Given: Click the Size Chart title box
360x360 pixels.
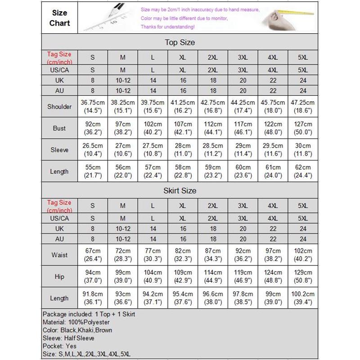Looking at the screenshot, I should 60,18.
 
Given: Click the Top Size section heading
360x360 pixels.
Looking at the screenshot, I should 180,43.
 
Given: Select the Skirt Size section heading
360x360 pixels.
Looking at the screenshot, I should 180,190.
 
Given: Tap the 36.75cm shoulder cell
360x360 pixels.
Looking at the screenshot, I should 93,107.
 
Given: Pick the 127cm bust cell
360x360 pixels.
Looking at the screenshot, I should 303,128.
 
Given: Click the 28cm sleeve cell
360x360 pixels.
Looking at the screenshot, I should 183,150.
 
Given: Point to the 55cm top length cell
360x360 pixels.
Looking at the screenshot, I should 93,171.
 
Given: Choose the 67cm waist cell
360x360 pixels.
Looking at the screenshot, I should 93,255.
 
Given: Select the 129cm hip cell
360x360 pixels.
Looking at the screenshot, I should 303,277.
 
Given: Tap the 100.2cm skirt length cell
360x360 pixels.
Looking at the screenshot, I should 303,298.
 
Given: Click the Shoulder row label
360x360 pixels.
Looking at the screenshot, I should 59,107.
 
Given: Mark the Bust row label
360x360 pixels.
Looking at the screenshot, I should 59,128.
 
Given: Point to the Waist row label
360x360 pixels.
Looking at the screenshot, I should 59,255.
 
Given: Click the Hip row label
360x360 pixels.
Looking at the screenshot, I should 59,277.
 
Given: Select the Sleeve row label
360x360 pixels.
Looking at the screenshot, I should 59,150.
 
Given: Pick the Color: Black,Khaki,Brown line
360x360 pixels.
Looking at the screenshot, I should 77,330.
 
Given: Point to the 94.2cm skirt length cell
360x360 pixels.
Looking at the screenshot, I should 153,298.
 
